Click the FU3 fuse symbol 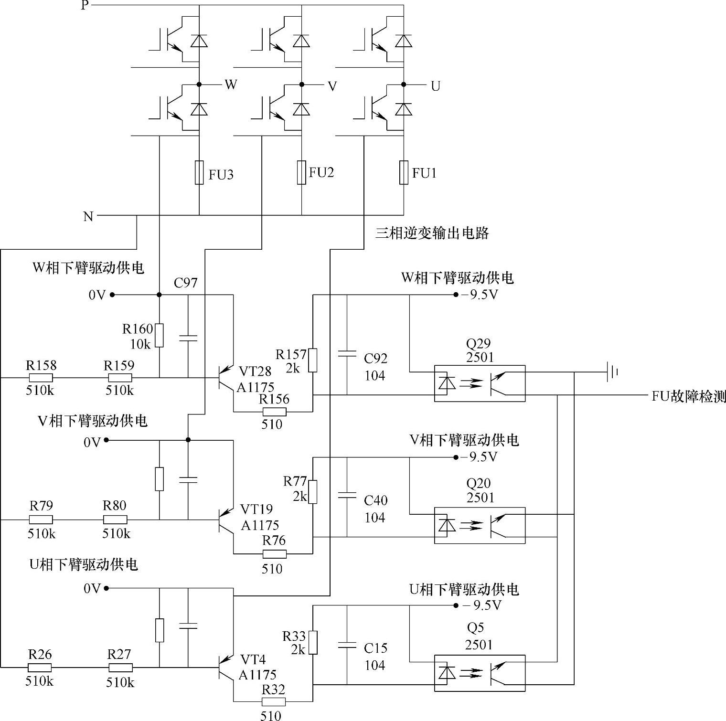[199, 172]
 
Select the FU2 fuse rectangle [301, 172]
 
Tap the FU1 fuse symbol [404, 172]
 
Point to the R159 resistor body [118, 378]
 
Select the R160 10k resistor [160, 335]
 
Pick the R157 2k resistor [312, 360]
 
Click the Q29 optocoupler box [480, 383]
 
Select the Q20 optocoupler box [480, 525]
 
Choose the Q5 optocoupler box [480, 673]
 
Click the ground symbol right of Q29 [613, 371]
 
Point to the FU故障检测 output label [688, 396]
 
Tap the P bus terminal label [85, 6]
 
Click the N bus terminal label [88, 216]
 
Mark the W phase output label [231, 85]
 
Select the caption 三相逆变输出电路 [432, 233]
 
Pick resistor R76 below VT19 [274, 554]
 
